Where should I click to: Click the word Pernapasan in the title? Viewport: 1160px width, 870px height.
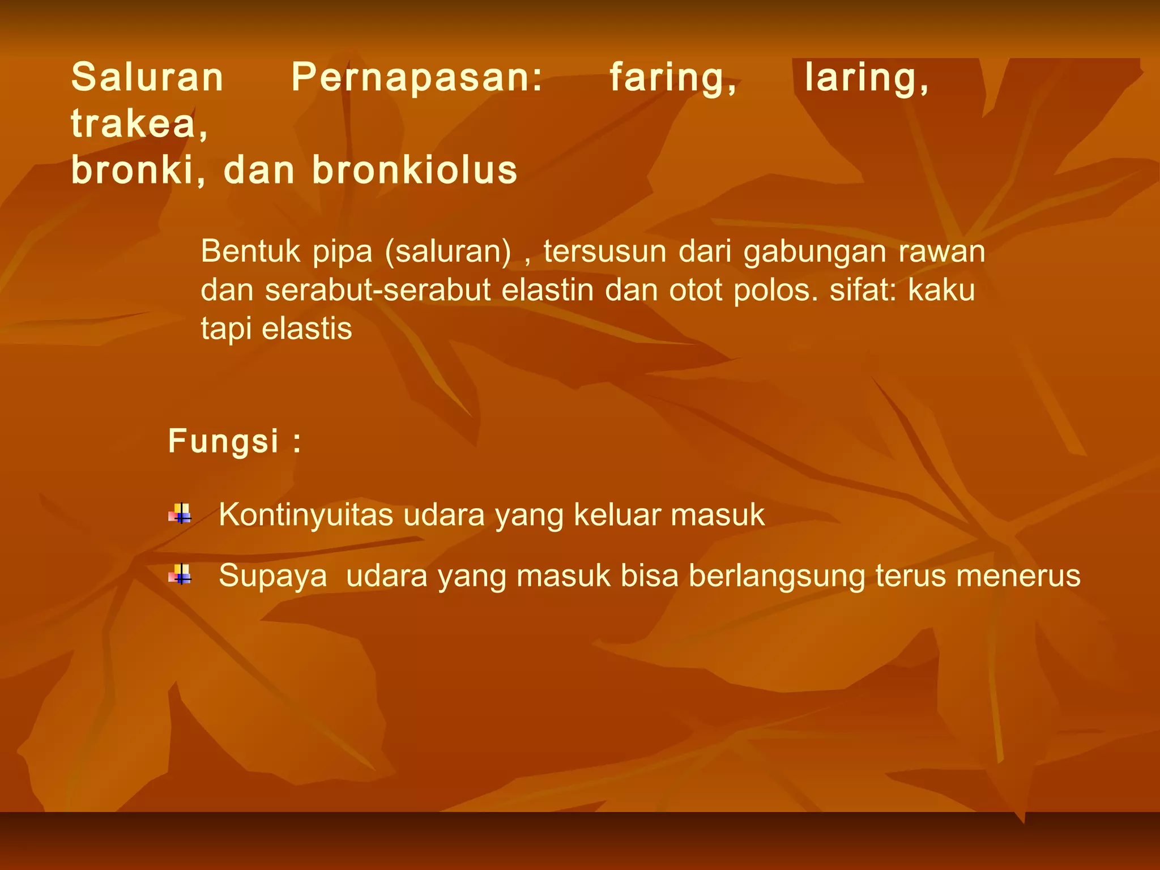417,78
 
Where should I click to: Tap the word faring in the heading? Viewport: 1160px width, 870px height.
673,78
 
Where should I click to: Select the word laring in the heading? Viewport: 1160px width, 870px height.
867,78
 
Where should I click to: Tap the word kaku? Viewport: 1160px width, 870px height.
941,290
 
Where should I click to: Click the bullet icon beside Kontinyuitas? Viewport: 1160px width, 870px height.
180,514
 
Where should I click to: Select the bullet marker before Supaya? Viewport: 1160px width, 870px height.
180,575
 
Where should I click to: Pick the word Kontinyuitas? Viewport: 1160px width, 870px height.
306,515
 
